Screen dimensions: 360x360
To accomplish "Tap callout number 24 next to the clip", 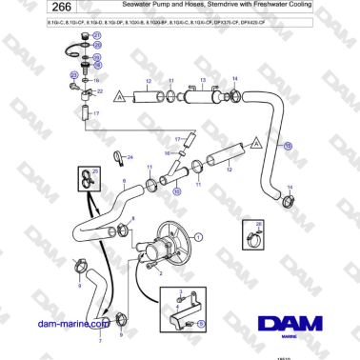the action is [x=130, y=156].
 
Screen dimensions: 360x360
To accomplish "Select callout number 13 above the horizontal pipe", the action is [x=202, y=80].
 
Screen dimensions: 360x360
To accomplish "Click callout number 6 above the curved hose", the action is [x=123, y=179].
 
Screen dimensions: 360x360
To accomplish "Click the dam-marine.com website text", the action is [x=68, y=324].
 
